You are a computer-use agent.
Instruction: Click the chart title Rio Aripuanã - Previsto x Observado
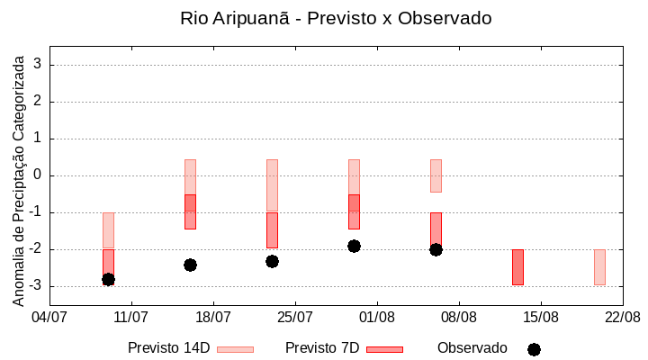point(336,18)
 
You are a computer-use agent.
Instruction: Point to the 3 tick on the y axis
point(39,65)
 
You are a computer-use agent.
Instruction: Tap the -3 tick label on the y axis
point(36,286)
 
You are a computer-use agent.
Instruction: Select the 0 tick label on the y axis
point(39,175)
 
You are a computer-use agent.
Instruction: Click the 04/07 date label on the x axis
point(49,317)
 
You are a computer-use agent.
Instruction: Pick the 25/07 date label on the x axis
point(295,317)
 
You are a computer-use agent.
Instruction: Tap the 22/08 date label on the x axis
point(622,317)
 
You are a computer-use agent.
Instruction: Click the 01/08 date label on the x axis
point(377,317)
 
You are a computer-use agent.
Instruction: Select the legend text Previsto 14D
point(168,348)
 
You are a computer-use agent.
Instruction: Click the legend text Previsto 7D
point(322,348)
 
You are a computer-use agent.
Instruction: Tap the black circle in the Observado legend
point(534,349)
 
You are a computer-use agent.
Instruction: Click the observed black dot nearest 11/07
point(108,279)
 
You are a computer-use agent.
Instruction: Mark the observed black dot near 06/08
point(436,249)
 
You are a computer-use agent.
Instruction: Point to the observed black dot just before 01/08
point(354,246)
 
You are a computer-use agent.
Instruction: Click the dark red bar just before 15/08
point(517,267)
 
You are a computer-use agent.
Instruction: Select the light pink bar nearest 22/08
point(599,267)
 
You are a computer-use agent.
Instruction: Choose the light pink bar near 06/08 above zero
point(436,175)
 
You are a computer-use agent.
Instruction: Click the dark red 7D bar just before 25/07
point(272,230)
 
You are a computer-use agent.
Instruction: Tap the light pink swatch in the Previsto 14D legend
point(236,349)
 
